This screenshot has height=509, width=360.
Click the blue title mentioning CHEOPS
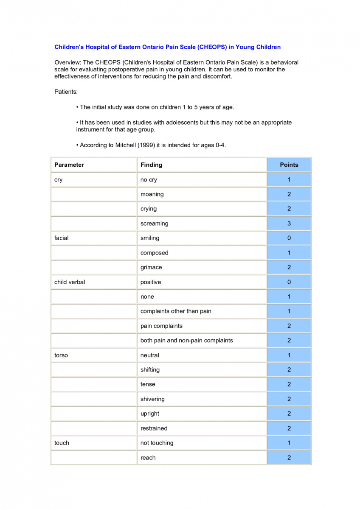(167, 47)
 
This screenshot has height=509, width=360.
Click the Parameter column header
(69, 165)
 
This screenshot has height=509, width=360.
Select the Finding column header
(152, 165)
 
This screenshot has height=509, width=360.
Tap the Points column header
(289, 165)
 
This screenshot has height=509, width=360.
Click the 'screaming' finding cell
(155, 224)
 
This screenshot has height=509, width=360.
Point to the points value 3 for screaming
(289, 224)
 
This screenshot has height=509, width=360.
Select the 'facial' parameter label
(62, 238)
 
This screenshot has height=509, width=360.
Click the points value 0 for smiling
(289, 238)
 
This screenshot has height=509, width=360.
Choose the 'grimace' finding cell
(151, 267)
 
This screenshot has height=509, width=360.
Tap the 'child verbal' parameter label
(70, 282)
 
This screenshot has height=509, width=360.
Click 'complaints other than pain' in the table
(176, 311)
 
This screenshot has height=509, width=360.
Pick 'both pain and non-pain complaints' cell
(187, 341)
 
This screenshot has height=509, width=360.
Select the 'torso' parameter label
(61, 355)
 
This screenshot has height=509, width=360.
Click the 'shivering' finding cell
(152, 399)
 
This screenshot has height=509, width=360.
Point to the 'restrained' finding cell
(154, 428)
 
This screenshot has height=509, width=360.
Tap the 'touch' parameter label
(62, 443)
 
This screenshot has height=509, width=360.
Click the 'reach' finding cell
(148, 458)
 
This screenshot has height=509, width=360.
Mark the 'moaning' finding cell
(152, 194)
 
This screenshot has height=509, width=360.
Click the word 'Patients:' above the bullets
(66, 92)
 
